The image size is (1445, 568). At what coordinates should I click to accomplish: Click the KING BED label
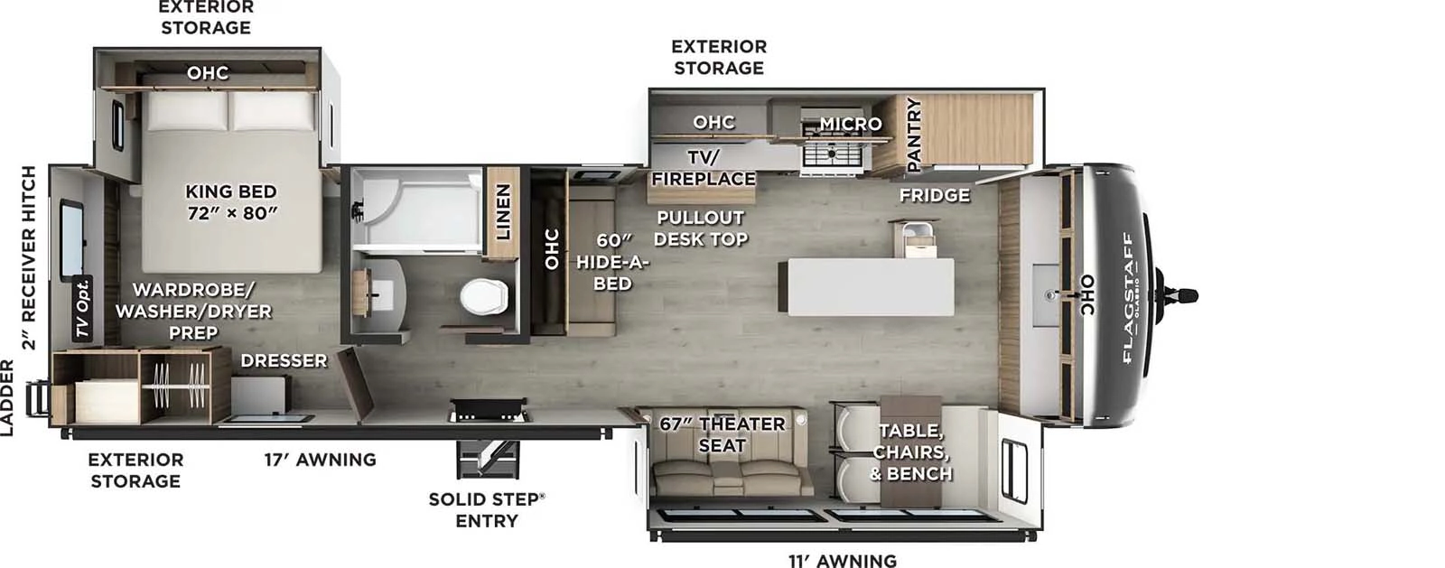click(231, 202)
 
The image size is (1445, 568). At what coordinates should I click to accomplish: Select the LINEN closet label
click(503, 212)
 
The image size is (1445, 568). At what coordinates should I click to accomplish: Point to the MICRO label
click(850, 123)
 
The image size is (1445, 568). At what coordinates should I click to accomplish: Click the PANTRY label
click(913, 135)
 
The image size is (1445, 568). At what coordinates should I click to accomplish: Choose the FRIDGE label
click(934, 195)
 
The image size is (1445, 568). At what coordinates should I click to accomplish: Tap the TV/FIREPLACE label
click(703, 168)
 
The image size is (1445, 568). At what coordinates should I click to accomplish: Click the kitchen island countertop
click(871, 286)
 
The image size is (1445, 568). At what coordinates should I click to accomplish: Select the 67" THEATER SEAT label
click(722, 434)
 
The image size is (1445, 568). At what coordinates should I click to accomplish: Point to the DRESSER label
click(284, 361)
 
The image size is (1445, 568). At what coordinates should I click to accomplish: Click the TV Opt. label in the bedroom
click(83, 308)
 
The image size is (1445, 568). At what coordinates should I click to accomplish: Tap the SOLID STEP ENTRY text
click(486, 510)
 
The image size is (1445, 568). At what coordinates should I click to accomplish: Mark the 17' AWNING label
click(320, 460)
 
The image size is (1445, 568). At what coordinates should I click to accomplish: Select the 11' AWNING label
click(842, 561)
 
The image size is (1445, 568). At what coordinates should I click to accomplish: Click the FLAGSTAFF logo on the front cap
click(1128, 297)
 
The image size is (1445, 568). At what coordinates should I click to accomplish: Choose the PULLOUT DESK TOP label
click(700, 228)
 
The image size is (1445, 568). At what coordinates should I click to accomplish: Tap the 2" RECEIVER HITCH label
click(29, 257)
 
